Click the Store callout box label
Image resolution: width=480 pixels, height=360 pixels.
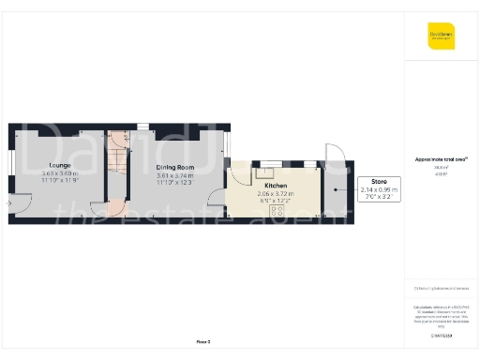(x=379, y=181)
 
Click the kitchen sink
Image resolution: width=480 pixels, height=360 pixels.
(x=265, y=170)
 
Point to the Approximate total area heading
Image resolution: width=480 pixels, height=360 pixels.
(x=440, y=159)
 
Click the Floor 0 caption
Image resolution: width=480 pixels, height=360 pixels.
(x=203, y=341)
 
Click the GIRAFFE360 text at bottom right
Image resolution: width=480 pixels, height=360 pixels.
(x=441, y=335)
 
